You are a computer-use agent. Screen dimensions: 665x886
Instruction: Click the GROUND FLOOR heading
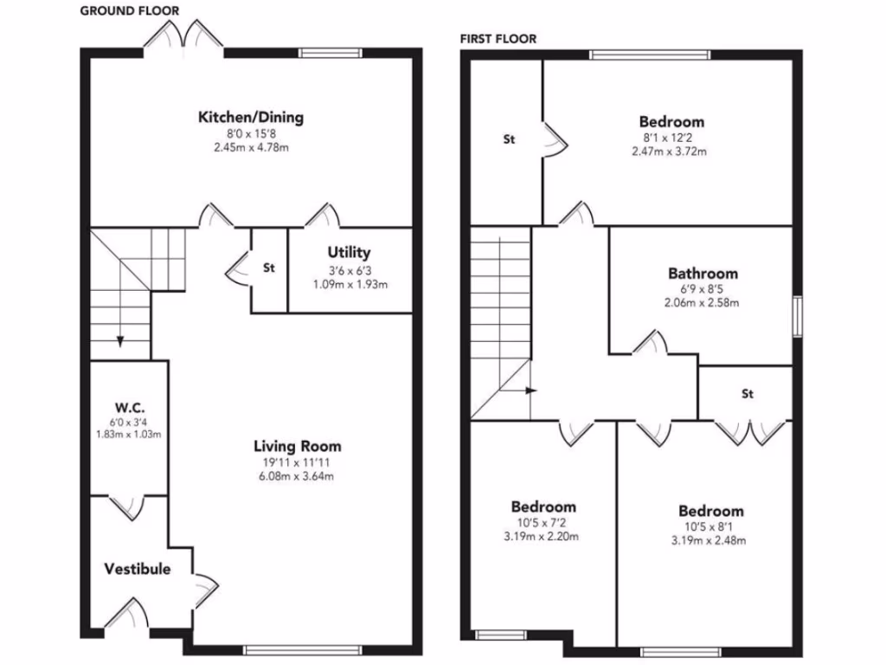[x=130, y=10]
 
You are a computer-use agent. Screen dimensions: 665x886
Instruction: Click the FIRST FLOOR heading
[x=498, y=38]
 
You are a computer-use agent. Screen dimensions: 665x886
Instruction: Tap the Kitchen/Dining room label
[x=251, y=118]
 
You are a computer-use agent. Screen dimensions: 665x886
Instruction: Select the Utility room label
[x=349, y=253]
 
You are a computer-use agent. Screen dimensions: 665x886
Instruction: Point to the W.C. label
[x=129, y=408]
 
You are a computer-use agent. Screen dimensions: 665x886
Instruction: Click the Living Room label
[x=297, y=447]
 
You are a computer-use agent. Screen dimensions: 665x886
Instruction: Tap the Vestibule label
[x=138, y=569]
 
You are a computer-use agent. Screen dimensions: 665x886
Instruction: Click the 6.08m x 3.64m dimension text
[x=297, y=475]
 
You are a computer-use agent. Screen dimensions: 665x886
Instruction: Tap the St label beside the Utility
[x=269, y=268]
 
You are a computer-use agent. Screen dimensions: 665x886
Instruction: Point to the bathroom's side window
[x=797, y=316]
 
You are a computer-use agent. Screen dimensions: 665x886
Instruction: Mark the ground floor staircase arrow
[x=120, y=340]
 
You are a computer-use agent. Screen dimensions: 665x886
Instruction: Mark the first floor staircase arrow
[x=530, y=390]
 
